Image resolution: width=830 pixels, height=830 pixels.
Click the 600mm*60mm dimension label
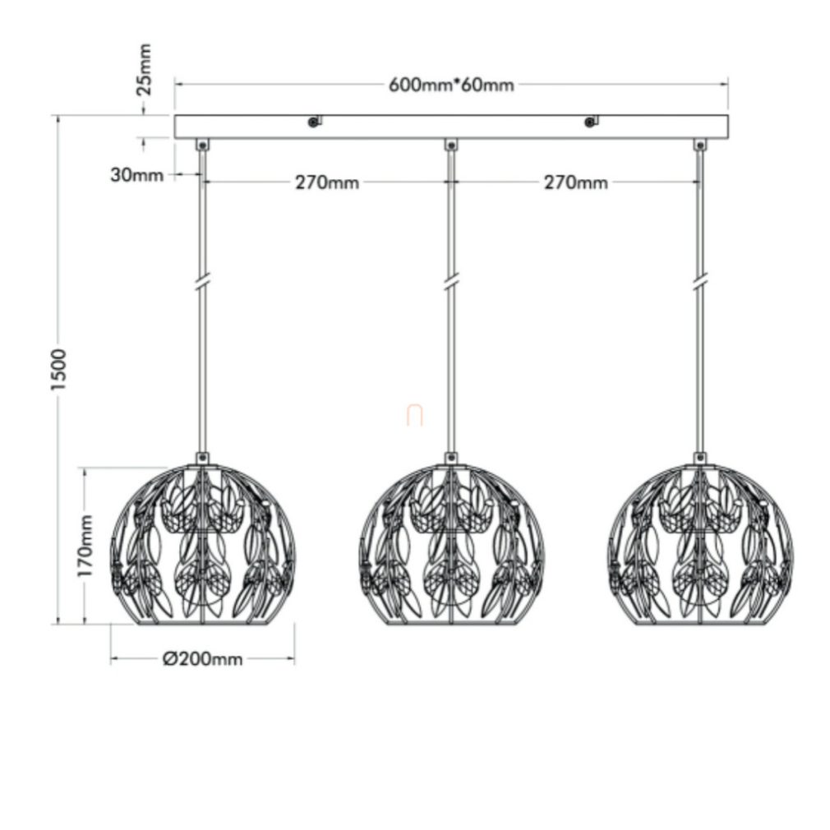pyautogui.click(x=451, y=85)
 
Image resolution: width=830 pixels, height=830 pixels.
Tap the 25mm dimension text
pyautogui.click(x=144, y=69)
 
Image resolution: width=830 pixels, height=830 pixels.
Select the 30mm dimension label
pyautogui.click(x=137, y=175)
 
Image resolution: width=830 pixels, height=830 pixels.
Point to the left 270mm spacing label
pyautogui.click(x=327, y=182)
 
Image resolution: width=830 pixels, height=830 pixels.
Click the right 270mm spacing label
pyautogui.click(x=576, y=182)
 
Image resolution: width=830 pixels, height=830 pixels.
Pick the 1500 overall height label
pyautogui.click(x=58, y=370)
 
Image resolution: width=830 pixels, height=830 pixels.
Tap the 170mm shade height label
pyautogui.click(x=85, y=546)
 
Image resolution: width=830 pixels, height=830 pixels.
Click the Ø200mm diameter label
pyautogui.click(x=203, y=659)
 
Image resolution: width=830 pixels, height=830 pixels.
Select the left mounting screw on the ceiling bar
pyautogui.click(x=315, y=122)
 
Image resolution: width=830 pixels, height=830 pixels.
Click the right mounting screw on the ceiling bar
pyautogui.click(x=590, y=122)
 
